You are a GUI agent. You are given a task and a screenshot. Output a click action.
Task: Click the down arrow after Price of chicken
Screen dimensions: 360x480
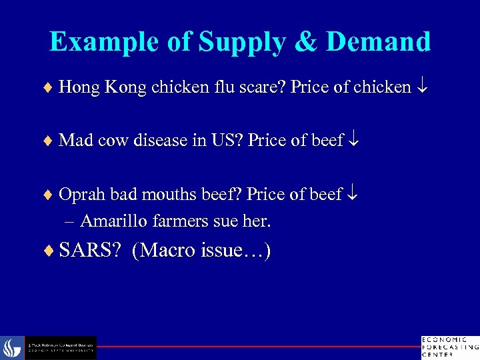tap(422, 87)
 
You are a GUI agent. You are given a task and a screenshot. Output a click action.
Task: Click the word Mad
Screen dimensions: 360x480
tap(74, 141)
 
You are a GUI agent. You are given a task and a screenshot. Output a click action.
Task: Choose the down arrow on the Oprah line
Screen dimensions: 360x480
tap(353, 194)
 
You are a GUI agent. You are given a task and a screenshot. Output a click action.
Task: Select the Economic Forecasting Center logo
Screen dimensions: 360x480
tap(449, 347)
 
